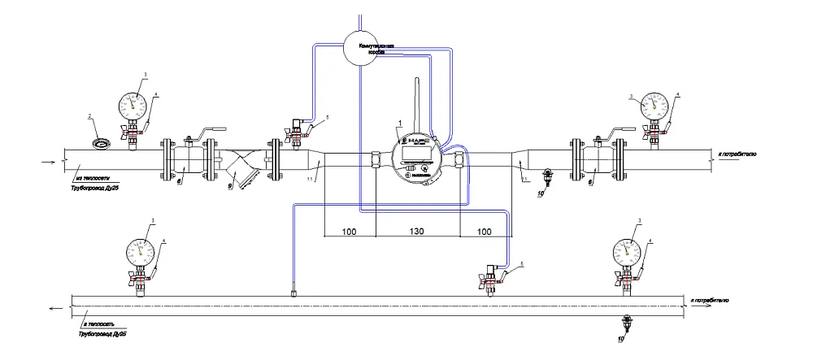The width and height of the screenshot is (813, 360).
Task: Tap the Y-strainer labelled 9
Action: (241, 171)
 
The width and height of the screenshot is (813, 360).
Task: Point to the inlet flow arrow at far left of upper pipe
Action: (46, 160)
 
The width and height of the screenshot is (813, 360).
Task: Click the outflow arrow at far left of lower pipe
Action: (54, 308)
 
